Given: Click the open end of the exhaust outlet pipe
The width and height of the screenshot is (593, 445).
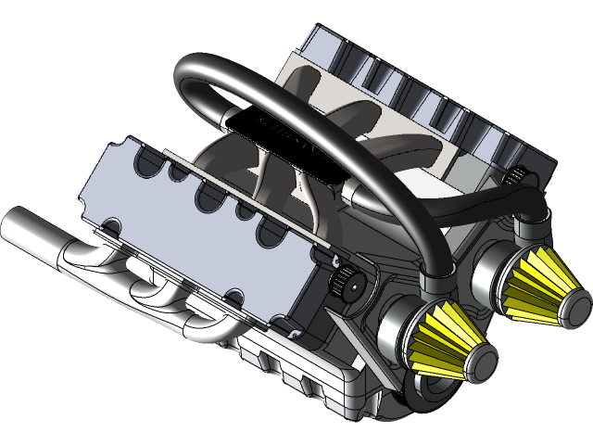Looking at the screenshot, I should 16,225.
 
